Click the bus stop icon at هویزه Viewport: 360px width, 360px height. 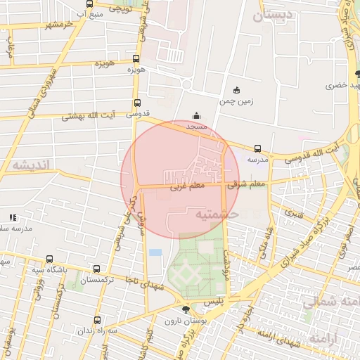[x=136, y=59]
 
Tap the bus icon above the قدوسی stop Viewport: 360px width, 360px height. [x=136, y=102]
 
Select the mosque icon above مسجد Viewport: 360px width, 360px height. [x=195, y=116]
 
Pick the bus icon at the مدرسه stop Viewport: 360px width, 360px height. [x=257, y=149]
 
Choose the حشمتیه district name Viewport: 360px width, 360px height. [x=217, y=212]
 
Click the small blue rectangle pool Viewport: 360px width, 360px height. [x=155, y=252]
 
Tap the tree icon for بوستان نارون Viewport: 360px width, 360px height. [x=185, y=309]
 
